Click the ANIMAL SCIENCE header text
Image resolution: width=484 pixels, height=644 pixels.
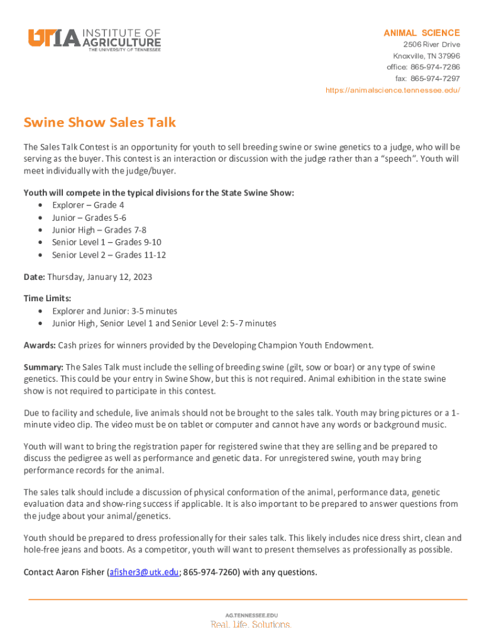tap(422, 33)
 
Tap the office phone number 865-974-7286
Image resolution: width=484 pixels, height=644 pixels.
tap(435, 67)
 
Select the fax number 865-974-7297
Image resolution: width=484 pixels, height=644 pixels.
tap(435, 79)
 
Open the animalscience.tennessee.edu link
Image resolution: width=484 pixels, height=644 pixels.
tap(393, 91)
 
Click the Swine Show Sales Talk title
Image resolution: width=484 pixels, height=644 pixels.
tap(100, 122)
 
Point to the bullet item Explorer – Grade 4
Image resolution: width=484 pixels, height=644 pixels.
tap(88, 205)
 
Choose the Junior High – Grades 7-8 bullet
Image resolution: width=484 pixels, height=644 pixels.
tap(99, 230)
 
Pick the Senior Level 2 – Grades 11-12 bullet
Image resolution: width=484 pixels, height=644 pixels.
tap(109, 255)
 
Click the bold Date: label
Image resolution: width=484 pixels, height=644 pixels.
tap(34, 277)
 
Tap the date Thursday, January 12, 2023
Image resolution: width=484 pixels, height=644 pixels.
tap(100, 277)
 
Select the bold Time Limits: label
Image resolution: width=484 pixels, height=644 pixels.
tap(47, 298)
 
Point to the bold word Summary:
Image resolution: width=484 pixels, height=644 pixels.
tap(43, 367)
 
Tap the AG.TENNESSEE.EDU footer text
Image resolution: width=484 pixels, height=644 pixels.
tap(251, 615)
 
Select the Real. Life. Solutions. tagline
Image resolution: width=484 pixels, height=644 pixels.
tap(251, 625)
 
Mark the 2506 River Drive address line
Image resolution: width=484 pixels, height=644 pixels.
tap(431, 45)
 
